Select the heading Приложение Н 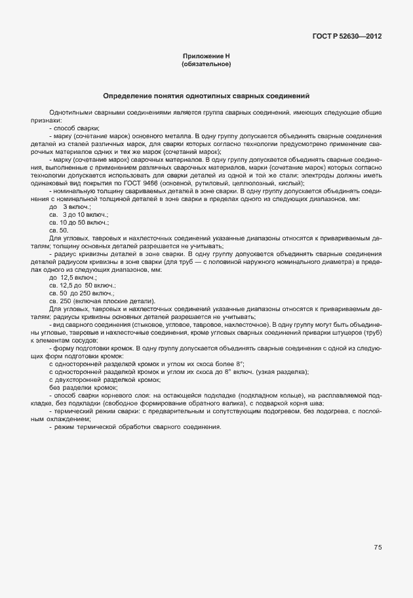[x=206, y=57]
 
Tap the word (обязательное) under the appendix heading [x=206, y=65]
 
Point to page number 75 [x=378, y=548]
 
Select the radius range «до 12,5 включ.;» [x=73, y=278]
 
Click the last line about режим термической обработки [x=140, y=426]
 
